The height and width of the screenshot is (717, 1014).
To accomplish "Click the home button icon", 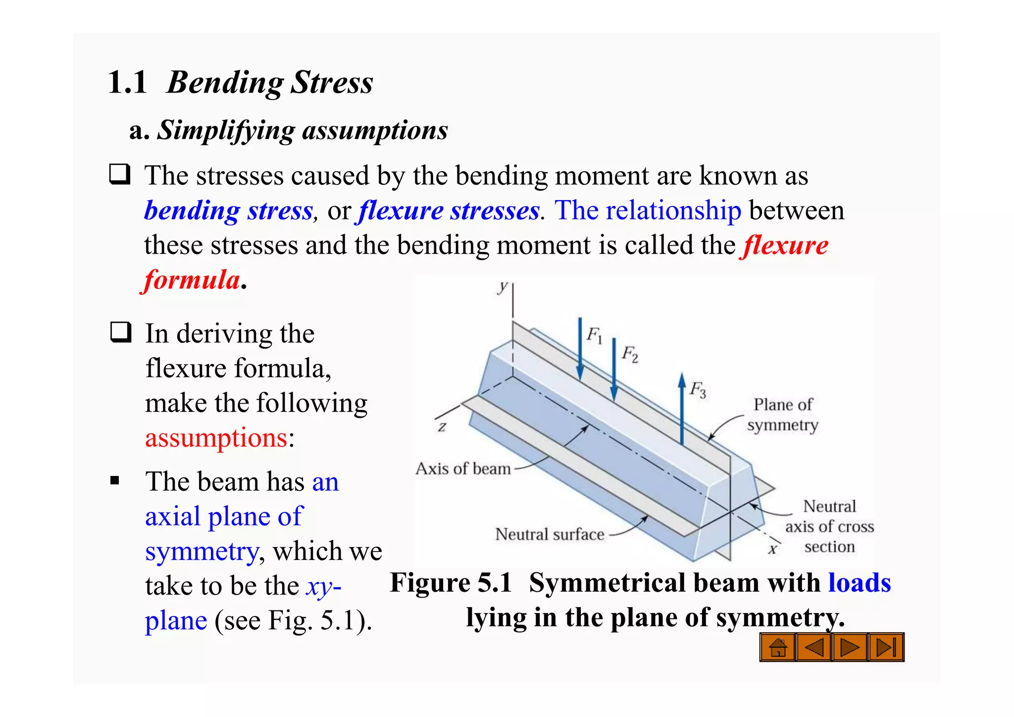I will click(777, 647).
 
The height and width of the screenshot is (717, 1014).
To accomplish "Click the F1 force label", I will click(594, 336).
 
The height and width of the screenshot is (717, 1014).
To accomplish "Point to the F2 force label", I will click(630, 354).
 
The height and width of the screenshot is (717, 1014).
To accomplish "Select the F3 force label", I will click(698, 390).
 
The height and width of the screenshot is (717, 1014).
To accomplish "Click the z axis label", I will click(442, 426).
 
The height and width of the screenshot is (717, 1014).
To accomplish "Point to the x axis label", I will click(772, 549).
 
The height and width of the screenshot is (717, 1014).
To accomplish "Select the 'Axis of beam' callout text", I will click(463, 468).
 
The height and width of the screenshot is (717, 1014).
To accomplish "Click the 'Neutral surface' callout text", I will click(550, 534).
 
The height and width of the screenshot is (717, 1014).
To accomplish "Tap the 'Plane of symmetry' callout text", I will click(783, 415).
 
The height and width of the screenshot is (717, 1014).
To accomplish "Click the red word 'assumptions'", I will click(216, 438).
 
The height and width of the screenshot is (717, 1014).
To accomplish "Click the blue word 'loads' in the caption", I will click(860, 583).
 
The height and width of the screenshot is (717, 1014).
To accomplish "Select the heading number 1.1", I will click(127, 82).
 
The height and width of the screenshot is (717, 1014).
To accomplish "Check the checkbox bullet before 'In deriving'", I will click(121, 332).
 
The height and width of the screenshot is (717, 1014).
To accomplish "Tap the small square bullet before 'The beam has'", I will click(115, 480).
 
